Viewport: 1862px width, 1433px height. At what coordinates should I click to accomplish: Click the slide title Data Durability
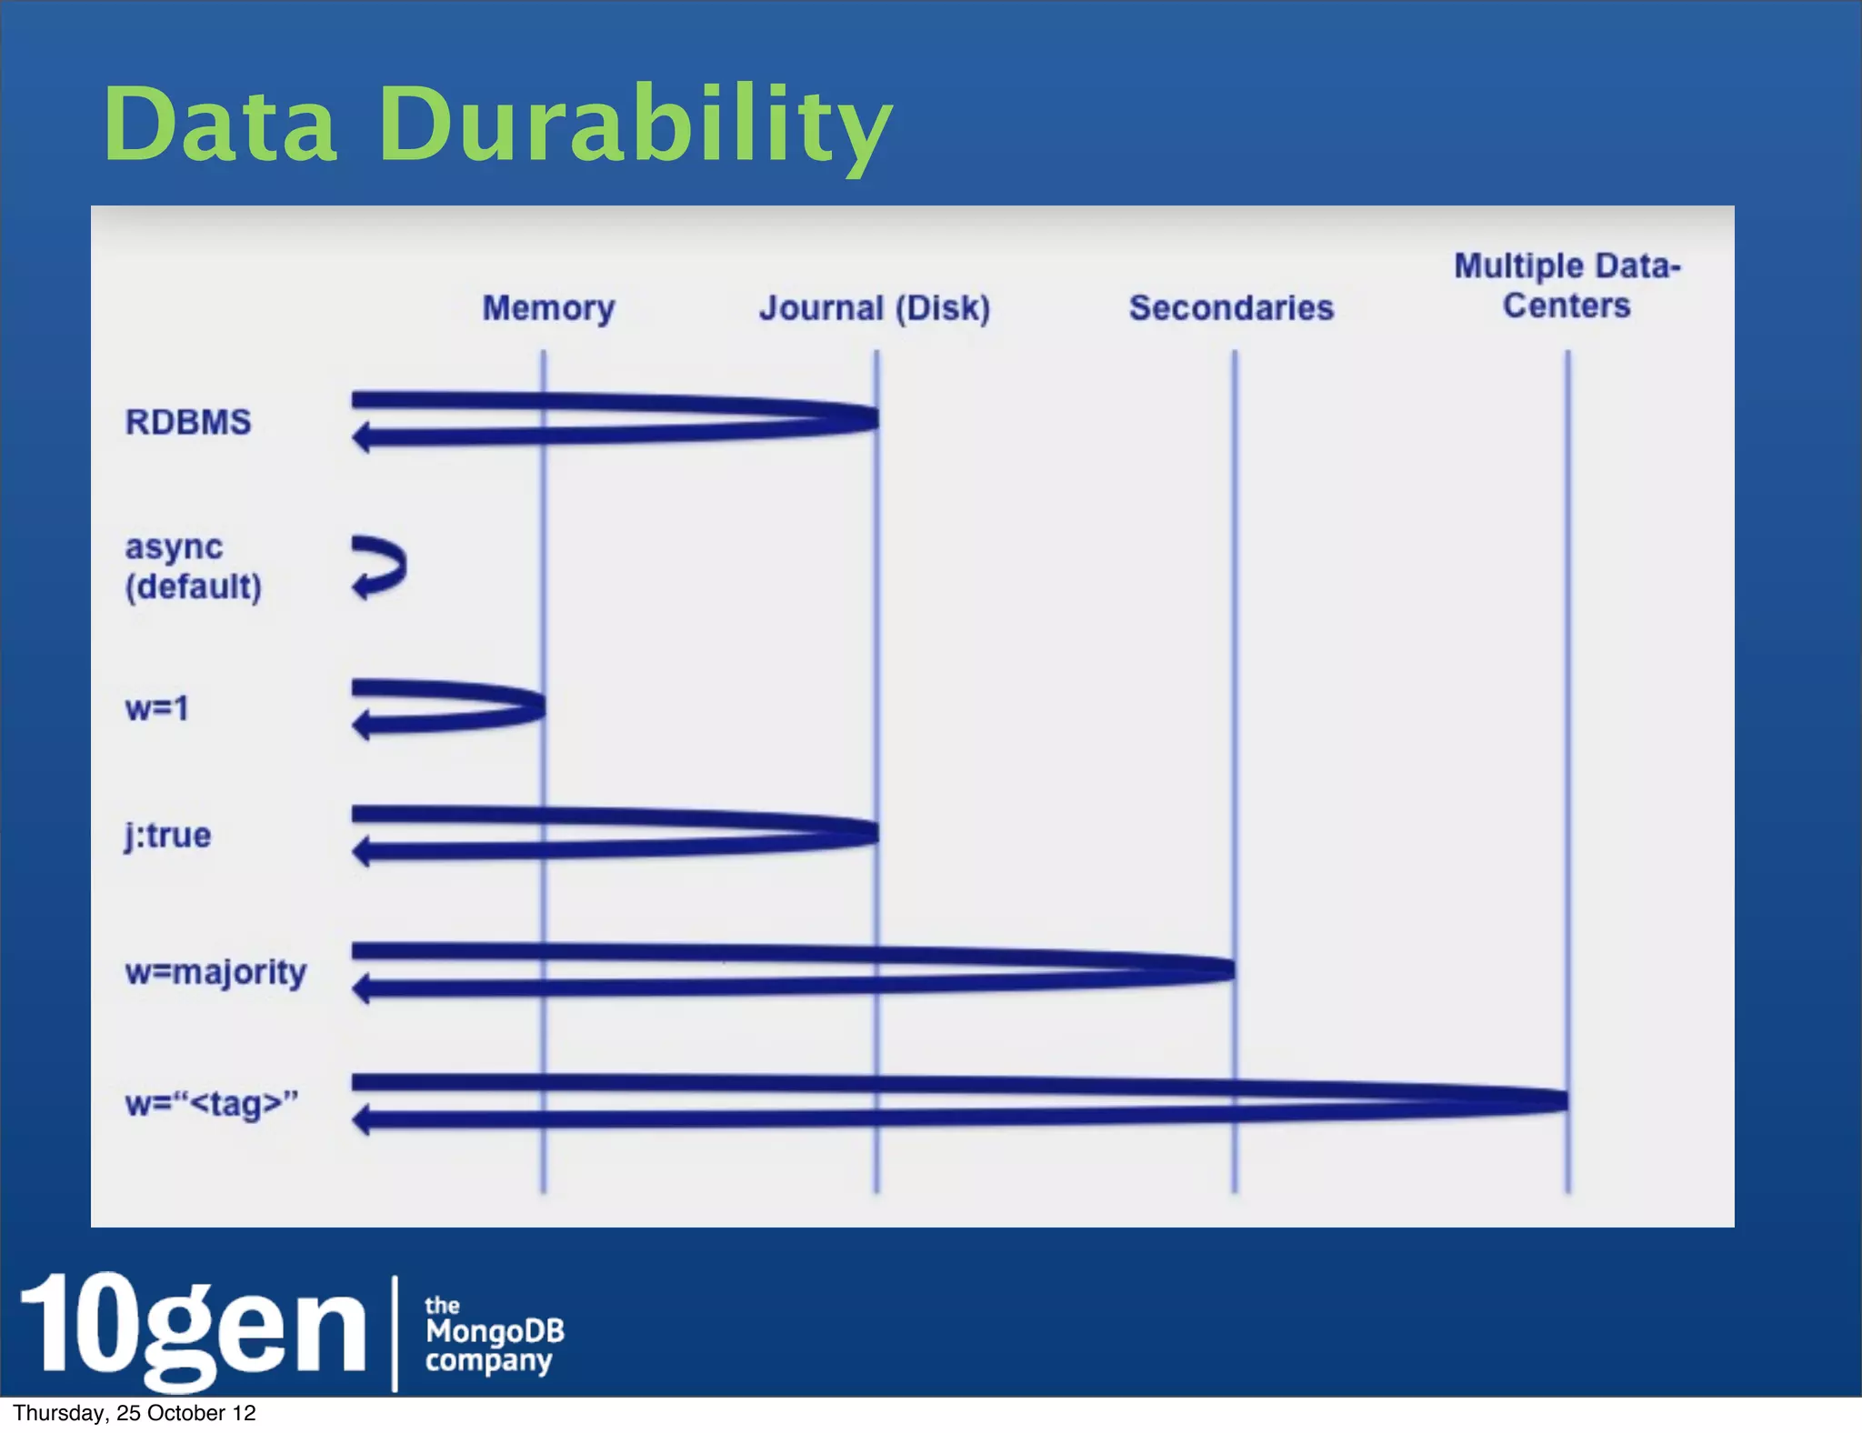coord(497,125)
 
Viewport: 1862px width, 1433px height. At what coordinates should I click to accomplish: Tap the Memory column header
coord(548,308)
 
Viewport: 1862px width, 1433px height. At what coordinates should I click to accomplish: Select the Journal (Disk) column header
coord(875,308)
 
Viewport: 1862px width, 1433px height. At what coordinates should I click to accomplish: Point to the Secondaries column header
coord(1231,308)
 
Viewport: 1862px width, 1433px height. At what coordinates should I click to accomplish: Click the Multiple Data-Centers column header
coord(1567,286)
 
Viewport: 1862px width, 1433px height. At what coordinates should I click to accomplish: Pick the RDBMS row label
coord(188,422)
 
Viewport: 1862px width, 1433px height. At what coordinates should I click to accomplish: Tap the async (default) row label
coord(193,566)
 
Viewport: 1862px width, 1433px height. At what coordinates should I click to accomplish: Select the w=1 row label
coord(157,708)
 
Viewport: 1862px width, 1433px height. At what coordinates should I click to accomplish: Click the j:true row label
coord(168,835)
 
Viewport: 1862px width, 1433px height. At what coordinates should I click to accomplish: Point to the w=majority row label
coord(216,972)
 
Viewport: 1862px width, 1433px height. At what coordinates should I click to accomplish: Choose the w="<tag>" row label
coord(212,1104)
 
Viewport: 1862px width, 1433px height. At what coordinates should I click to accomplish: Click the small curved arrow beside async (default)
coord(380,567)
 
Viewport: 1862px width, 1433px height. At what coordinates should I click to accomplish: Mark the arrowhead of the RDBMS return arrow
coord(361,438)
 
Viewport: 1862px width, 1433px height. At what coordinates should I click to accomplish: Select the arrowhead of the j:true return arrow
coord(361,852)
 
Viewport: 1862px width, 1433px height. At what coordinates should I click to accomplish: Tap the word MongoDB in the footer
coord(495,1331)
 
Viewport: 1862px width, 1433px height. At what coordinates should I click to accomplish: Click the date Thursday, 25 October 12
coord(135,1413)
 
